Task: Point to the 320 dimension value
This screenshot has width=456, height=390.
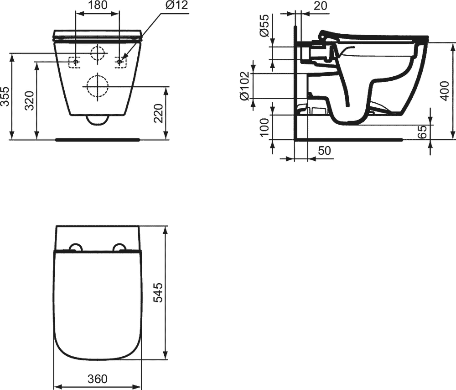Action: point(30,100)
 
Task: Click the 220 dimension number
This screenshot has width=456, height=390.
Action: point(158,113)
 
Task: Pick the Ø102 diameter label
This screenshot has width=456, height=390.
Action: point(244,85)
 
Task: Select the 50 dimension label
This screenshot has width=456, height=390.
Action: point(324,151)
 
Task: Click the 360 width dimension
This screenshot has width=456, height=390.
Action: point(97,379)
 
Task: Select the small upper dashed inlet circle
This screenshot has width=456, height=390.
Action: point(97,53)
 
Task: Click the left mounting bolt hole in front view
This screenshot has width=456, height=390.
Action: point(75,62)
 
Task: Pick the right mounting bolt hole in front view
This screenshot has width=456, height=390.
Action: point(119,62)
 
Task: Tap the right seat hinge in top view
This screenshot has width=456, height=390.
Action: point(119,248)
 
